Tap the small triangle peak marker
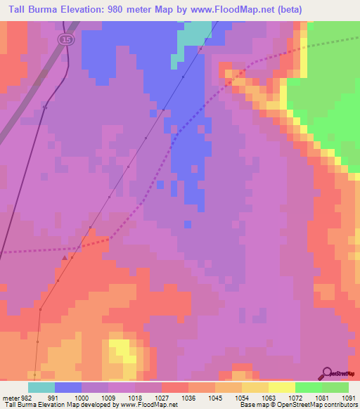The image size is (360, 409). pos(65,258)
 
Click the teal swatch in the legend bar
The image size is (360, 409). pos(41,387)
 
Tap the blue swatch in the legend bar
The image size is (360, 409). pos(68,387)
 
